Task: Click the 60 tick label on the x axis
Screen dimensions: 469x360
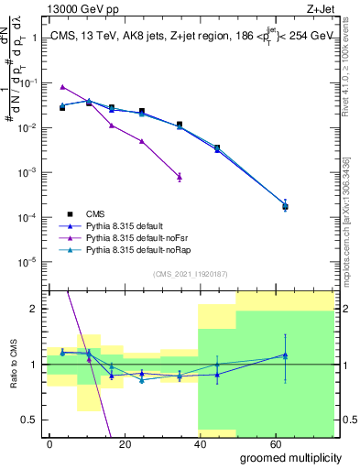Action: tap(283, 443)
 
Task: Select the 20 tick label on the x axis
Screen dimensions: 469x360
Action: tap(127, 443)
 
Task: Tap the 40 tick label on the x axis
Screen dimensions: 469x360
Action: tap(205, 443)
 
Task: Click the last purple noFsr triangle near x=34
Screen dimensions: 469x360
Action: tap(180, 175)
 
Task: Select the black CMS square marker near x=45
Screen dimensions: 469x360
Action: tap(217, 147)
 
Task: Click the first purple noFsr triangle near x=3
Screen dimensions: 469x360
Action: tap(62, 87)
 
